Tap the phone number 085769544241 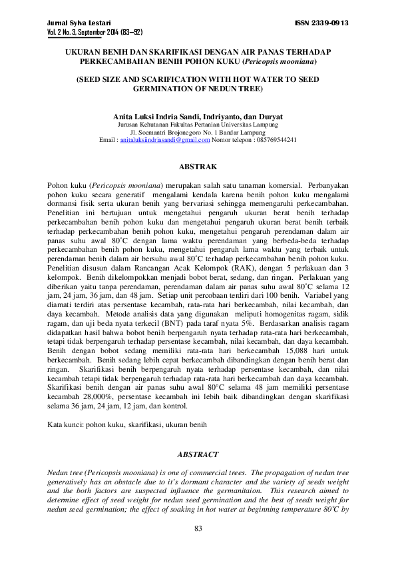[274, 140]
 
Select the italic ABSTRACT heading [198, 454]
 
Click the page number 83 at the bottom [198, 528]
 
